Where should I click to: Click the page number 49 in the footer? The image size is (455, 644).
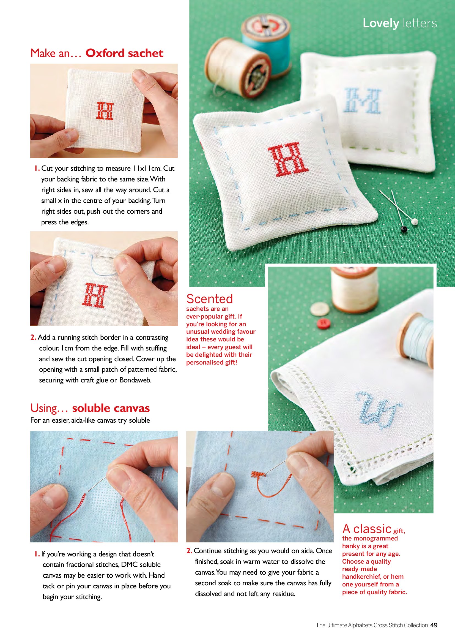click(x=434, y=625)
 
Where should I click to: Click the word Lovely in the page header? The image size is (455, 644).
click(x=381, y=23)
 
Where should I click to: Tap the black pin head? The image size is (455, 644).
click(x=404, y=229)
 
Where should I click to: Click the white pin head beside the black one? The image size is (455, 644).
click(x=414, y=222)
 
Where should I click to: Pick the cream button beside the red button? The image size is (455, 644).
click(x=320, y=309)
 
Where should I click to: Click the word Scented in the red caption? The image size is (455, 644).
click(x=210, y=299)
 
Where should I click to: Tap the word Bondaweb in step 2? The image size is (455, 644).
click(x=135, y=380)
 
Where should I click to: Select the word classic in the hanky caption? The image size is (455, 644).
click(x=372, y=529)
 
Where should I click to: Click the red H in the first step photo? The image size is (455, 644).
click(x=105, y=111)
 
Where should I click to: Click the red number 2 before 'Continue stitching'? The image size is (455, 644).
click(x=189, y=551)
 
